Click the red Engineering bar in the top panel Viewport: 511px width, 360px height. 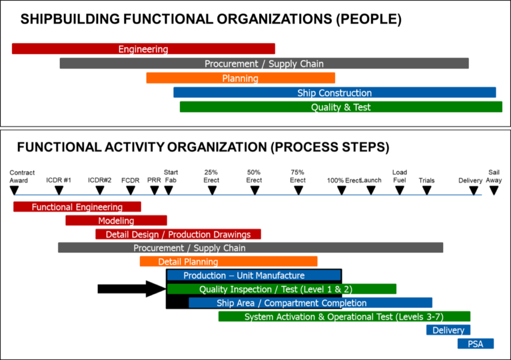click(143, 49)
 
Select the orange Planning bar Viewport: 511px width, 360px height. click(241, 78)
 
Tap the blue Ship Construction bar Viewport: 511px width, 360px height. click(334, 93)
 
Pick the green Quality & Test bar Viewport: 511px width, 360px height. click(341, 107)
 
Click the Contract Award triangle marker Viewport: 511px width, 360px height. click(14, 190)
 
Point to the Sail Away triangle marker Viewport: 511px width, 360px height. click(494, 190)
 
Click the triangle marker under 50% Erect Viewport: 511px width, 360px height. click(255, 190)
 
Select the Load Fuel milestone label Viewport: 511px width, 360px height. click(399, 176)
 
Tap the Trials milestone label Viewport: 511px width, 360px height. click(427, 180)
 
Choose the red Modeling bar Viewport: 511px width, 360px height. click(116, 221)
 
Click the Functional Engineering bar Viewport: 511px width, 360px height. click(77, 207)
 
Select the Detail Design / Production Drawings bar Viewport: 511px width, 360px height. click(178, 234)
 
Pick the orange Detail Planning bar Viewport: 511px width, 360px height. click(228, 262)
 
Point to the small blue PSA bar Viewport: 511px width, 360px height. click(476, 344)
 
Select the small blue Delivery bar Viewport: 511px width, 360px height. click(448, 330)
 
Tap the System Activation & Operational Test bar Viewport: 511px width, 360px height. click(344, 317)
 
